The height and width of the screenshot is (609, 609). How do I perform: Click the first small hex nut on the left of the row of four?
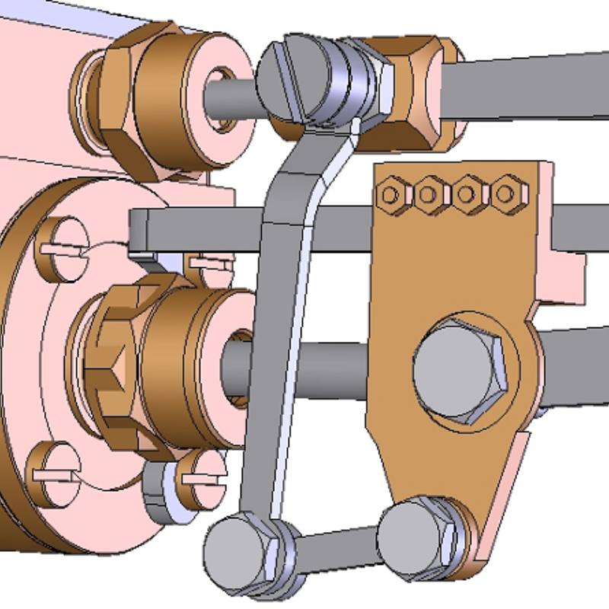(x=391, y=196)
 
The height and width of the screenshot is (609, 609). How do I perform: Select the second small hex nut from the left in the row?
(x=428, y=196)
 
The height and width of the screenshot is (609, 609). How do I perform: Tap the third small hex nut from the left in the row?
(x=466, y=195)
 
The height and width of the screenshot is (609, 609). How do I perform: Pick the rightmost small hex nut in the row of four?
(x=504, y=194)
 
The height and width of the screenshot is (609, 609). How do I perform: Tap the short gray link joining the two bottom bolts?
(x=335, y=547)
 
